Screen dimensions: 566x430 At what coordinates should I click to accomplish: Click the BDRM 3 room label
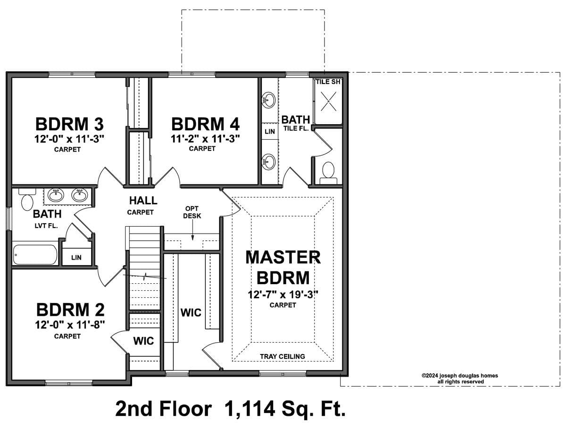click(x=69, y=124)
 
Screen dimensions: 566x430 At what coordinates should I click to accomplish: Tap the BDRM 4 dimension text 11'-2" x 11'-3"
click(x=205, y=139)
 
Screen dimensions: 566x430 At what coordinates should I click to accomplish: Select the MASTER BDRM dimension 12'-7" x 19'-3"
click(x=283, y=295)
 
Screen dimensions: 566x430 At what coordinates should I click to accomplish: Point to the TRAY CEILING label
click(x=283, y=356)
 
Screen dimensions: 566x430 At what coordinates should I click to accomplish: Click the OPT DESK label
click(x=192, y=212)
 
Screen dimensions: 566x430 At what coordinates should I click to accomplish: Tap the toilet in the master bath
click(x=328, y=173)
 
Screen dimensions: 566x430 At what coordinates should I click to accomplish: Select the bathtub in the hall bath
click(x=35, y=254)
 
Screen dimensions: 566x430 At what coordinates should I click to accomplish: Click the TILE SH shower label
click(x=328, y=82)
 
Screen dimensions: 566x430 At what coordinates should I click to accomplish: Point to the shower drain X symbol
click(x=328, y=101)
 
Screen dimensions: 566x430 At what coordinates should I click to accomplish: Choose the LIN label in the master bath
click(x=270, y=132)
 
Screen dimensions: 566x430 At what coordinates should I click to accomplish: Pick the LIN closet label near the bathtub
click(x=76, y=257)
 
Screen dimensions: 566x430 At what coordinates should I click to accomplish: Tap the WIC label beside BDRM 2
click(x=143, y=341)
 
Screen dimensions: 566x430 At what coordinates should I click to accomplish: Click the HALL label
click(x=143, y=201)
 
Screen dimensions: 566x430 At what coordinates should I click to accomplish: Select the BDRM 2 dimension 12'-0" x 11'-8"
click(x=70, y=325)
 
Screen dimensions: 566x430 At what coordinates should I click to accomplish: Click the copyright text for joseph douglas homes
click(x=460, y=379)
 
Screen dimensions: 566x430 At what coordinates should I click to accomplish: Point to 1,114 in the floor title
click(x=250, y=409)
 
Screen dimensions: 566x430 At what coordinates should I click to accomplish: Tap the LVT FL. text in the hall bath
click(x=46, y=226)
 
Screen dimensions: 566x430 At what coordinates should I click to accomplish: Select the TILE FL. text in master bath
click(x=296, y=128)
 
